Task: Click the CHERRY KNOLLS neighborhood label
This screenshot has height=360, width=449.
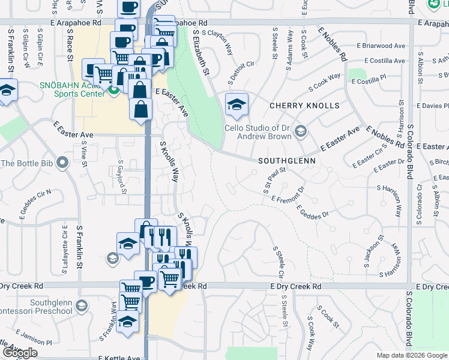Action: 304,106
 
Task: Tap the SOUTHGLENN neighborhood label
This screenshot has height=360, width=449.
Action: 287,161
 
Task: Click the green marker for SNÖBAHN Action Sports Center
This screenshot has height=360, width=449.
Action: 113,90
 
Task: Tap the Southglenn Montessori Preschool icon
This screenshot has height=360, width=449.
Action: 81,307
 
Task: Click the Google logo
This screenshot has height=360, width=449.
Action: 20,353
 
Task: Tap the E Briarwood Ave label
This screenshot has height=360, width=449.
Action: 381,46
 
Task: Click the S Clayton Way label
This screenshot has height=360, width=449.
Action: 221,43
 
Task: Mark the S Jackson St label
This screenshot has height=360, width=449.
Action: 373,252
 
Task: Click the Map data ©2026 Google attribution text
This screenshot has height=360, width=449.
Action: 412,355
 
